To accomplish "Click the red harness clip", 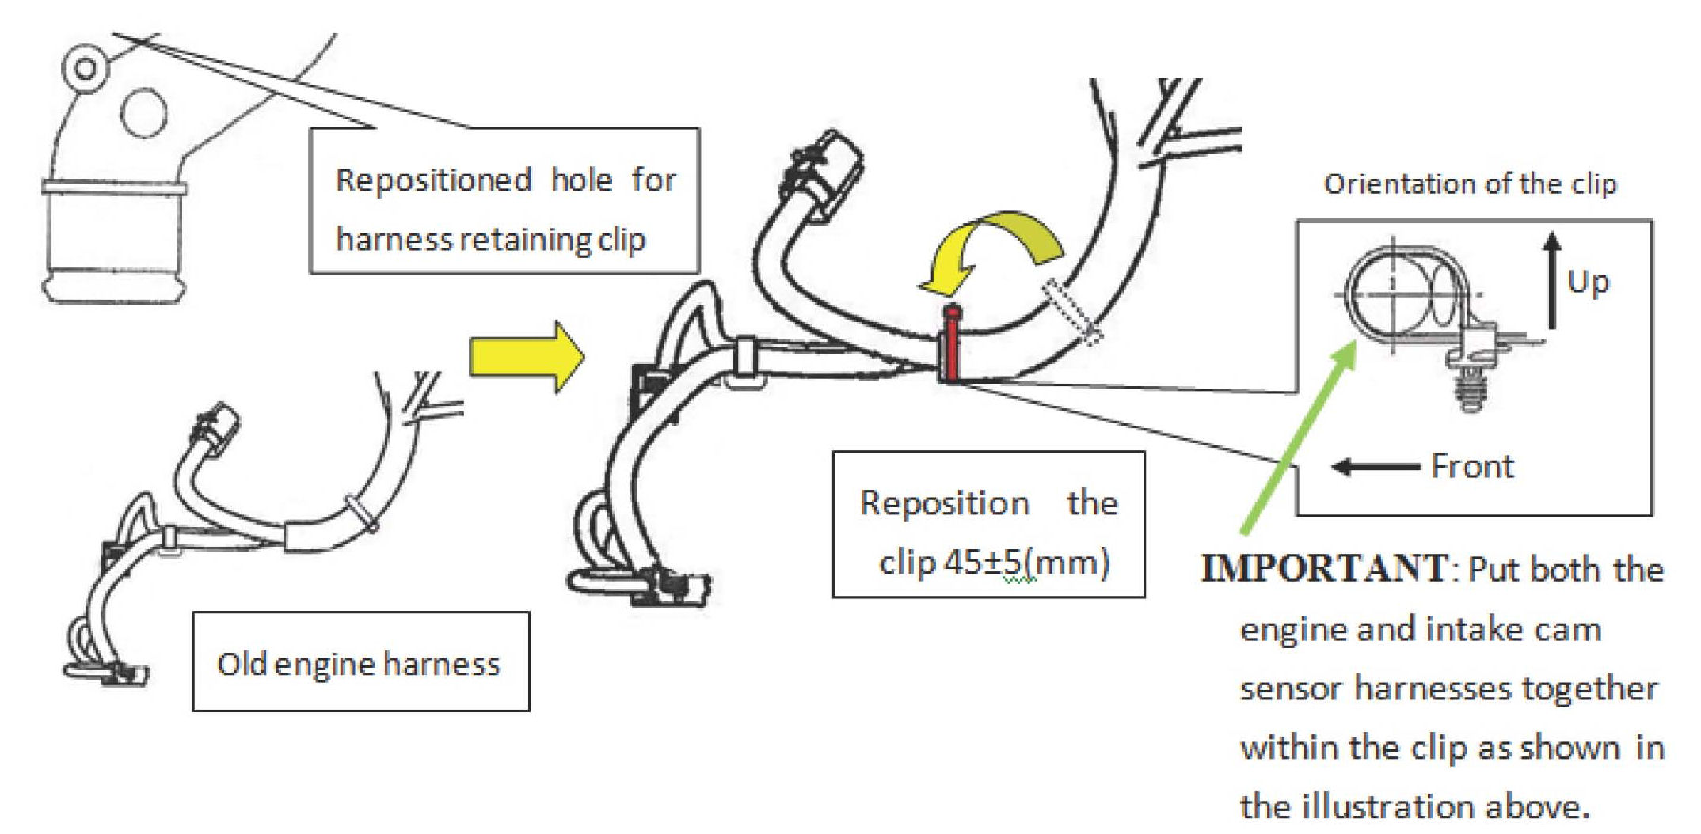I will (951, 347).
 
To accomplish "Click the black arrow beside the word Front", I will (1375, 467).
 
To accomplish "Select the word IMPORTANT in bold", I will (1323, 568).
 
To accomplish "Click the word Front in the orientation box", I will (1472, 466).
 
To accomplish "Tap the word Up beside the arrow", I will (1588, 282).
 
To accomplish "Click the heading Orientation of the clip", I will (1470, 184).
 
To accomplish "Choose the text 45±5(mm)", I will (1026, 563).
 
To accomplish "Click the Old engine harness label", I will (359, 663).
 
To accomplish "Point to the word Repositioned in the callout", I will (433, 180).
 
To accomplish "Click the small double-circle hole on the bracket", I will (85, 68).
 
